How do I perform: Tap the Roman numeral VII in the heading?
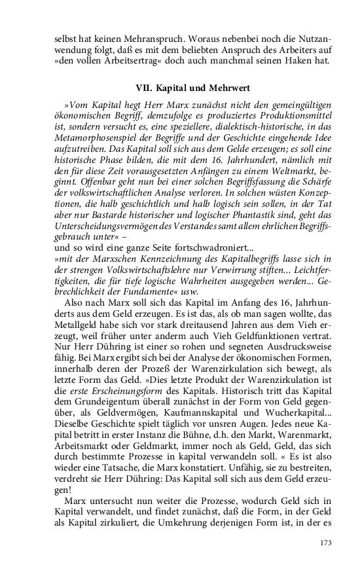click(x=143, y=87)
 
